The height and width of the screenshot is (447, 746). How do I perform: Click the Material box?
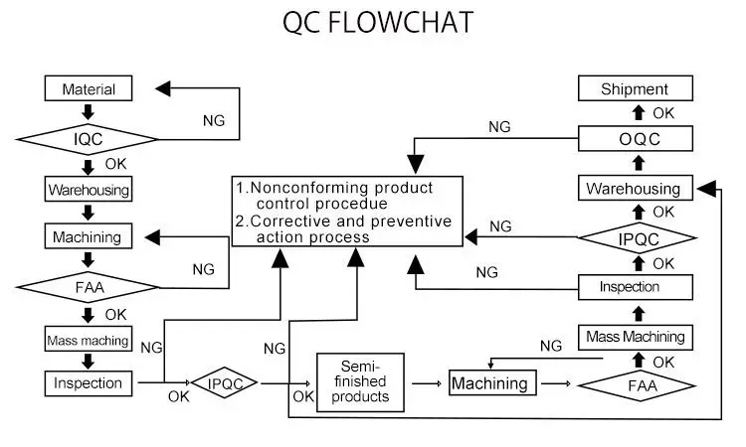click(89, 88)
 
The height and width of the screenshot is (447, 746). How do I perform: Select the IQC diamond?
click(88, 139)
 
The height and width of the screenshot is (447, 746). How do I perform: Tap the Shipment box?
click(636, 88)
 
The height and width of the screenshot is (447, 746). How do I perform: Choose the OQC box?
click(636, 139)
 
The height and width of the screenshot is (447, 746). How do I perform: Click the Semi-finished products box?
click(360, 381)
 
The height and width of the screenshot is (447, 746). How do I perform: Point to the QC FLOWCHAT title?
click(378, 22)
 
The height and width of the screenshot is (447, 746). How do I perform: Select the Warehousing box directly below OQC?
click(636, 188)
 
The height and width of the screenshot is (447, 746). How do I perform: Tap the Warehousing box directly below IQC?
click(89, 189)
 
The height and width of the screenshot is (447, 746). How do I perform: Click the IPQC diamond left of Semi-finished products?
click(224, 382)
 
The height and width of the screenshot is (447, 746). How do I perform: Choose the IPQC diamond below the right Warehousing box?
click(638, 238)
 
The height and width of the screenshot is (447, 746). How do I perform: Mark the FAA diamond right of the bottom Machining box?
click(638, 385)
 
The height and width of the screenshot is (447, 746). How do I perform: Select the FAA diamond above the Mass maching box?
click(88, 287)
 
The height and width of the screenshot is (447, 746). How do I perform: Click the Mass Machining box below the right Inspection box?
click(636, 337)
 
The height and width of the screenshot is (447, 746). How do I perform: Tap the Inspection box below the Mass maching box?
click(89, 383)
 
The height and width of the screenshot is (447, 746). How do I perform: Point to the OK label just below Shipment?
click(663, 113)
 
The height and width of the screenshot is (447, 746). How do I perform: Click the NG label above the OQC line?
click(499, 127)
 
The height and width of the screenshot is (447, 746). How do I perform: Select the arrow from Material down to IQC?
click(88, 112)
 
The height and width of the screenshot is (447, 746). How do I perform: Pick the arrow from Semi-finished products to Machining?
click(427, 383)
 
